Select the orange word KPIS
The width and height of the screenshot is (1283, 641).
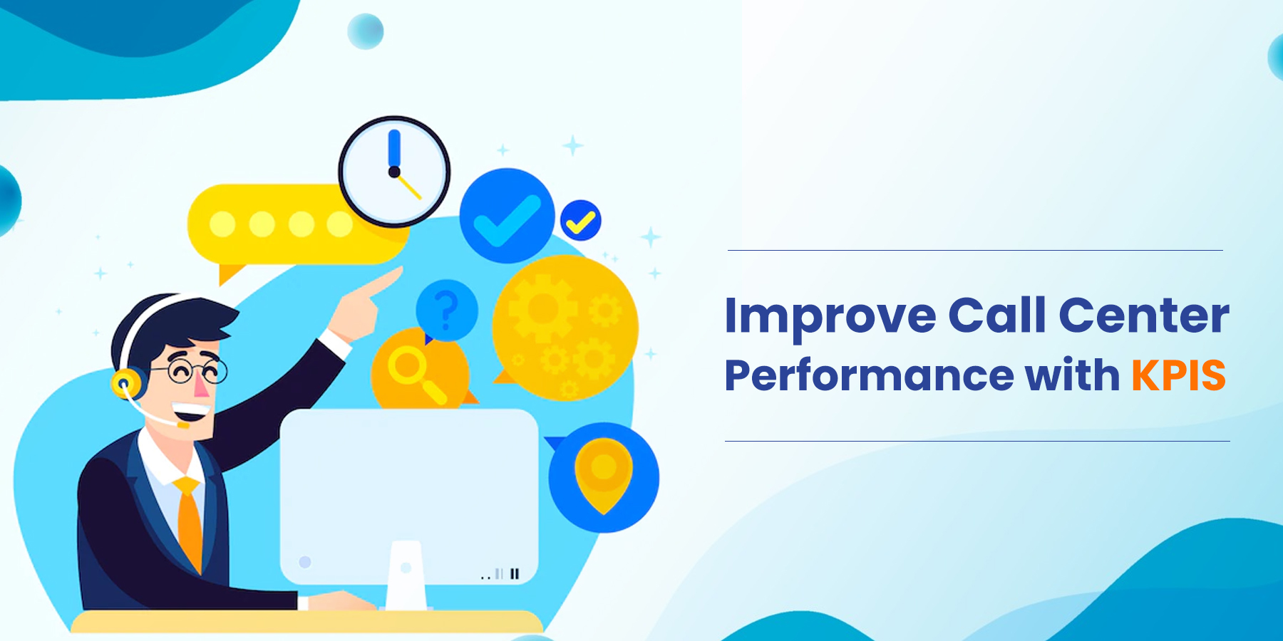[1178, 375]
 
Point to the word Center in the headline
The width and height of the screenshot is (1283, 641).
[1144, 315]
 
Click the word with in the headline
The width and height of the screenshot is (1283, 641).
[1072, 375]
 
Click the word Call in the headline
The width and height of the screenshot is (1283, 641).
[997, 315]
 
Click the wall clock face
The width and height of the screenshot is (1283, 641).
[394, 172]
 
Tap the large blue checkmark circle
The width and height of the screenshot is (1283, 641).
[507, 216]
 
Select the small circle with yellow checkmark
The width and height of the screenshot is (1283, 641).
[581, 221]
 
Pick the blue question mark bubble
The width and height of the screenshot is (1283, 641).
[446, 311]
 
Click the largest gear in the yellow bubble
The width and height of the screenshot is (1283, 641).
[543, 308]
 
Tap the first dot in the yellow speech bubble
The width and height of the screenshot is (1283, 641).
[222, 224]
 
